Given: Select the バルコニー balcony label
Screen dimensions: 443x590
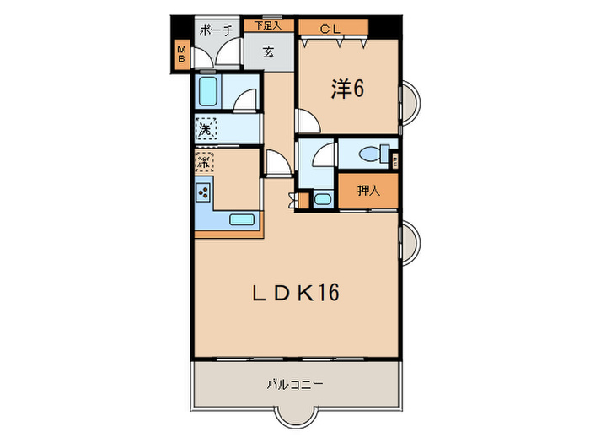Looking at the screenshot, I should [x=295, y=384].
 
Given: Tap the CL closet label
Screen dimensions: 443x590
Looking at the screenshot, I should [x=330, y=29].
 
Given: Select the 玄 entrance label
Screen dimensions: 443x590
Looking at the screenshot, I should [x=268, y=52].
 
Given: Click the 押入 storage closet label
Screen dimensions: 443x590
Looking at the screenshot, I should [x=367, y=190].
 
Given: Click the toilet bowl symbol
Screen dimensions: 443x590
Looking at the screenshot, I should [x=371, y=154].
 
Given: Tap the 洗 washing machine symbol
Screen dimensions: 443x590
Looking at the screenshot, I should [x=205, y=130].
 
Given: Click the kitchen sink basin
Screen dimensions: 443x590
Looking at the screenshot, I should [x=242, y=221].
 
